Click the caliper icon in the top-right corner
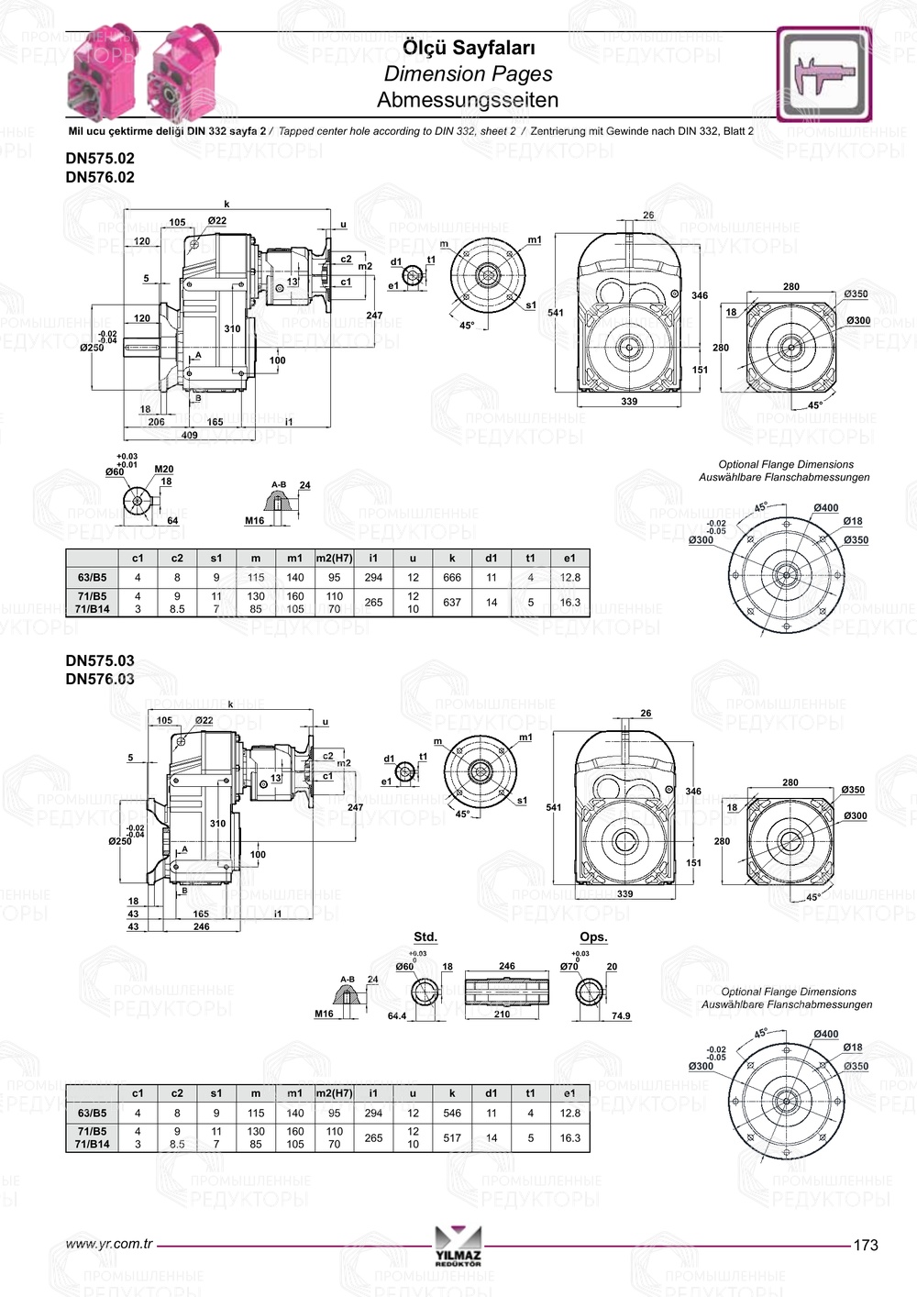(x=823, y=74)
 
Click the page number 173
(x=865, y=1245)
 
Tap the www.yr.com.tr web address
(x=109, y=1244)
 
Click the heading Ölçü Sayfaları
(x=469, y=48)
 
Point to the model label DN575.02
(x=100, y=158)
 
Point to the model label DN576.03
(x=100, y=679)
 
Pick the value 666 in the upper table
(x=452, y=578)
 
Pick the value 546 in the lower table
(x=452, y=1113)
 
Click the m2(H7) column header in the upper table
(x=334, y=558)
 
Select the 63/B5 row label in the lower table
(x=92, y=1113)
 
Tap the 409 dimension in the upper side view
(x=189, y=435)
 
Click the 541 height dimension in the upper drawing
(x=556, y=313)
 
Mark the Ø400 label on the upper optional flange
(x=825, y=507)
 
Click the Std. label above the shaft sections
(x=425, y=937)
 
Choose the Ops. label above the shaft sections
(x=593, y=937)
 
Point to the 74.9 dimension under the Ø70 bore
(x=621, y=1015)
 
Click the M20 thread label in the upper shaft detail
(x=164, y=469)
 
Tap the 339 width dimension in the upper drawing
(x=629, y=402)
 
